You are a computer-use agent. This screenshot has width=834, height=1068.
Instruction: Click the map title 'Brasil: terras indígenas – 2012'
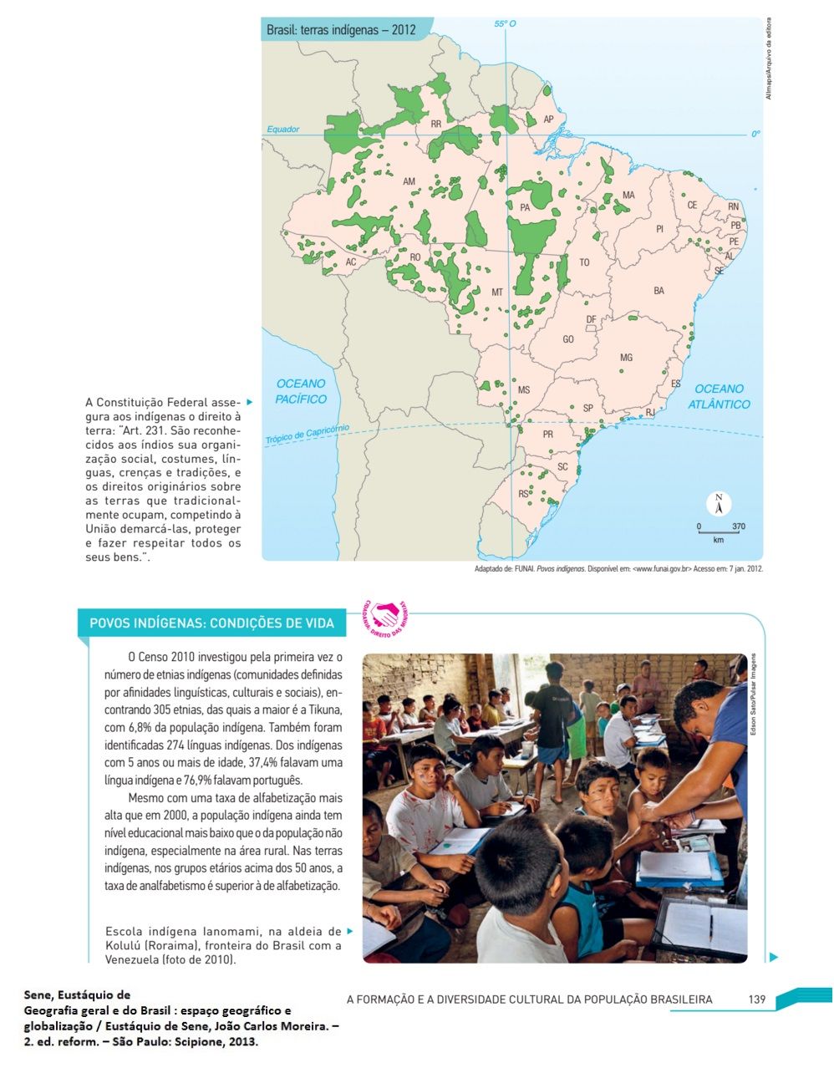tap(340, 30)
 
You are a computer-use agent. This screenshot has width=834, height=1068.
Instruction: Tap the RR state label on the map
tap(435, 124)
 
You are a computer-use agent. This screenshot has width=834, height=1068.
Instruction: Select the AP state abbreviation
tap(549, 120)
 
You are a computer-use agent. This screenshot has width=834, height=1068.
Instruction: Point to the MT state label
tap(497, 292)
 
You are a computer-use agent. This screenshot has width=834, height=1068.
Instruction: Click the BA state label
tap(659, 291)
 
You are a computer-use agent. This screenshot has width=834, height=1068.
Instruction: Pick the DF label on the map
tap(591, 320)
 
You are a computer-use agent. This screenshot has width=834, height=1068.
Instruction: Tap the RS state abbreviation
tap(523, 494)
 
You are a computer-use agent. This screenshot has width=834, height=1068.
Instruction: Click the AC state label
tap(351, 262)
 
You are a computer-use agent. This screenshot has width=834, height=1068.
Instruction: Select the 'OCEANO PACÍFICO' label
tap(301, 391)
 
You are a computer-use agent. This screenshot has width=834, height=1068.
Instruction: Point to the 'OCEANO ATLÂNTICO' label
tap(719, 396)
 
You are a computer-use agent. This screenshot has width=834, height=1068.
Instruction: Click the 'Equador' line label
tap(282, 130)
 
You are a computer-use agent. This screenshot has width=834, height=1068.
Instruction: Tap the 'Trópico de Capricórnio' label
tap(307, 435)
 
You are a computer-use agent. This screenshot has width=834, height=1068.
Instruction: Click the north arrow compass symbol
tap(718, 504)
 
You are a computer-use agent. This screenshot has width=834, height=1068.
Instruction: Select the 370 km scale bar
tap(719, 531)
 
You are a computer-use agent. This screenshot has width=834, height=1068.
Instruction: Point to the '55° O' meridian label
tap(505, 24)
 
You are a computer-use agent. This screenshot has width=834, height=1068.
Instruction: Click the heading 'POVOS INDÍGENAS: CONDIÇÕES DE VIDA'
tap(211, 623)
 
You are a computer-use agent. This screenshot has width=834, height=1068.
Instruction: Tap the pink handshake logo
tap(385, 614)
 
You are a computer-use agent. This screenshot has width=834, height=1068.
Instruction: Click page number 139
tap(757, 999)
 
